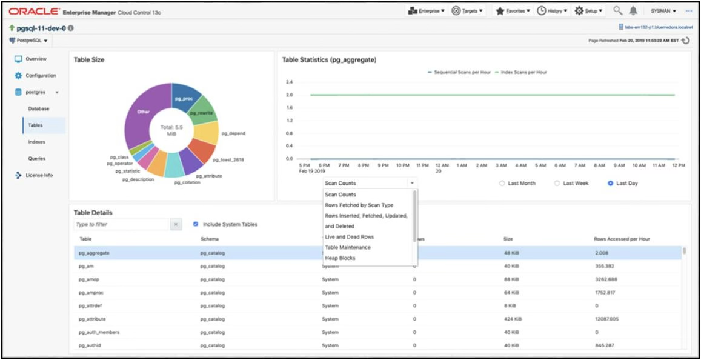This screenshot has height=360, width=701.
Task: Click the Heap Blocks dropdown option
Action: [340, 258]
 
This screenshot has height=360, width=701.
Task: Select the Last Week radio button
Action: [557, 183]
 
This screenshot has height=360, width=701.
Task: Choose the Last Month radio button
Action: [502, 183]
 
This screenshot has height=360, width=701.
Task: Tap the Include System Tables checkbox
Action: [196, 224]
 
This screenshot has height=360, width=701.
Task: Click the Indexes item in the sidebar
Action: [36, 142]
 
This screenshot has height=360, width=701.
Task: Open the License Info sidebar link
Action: [39, 175]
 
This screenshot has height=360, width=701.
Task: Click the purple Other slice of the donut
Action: [143, 112]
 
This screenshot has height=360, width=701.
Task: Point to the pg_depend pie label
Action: [233, 133]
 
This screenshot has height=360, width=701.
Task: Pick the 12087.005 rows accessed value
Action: [611, 319]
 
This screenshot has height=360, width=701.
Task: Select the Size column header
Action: [508, 239]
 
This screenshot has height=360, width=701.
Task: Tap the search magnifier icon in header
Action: [617, 11]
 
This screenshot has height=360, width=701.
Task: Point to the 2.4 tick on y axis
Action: [289, 82]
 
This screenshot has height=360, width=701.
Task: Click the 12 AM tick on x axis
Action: [442, 165]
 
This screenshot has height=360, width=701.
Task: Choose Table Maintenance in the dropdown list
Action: [347, 247]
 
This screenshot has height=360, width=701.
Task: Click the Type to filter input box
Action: [120, 224]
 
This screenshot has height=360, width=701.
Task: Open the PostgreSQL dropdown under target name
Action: [28, 41]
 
